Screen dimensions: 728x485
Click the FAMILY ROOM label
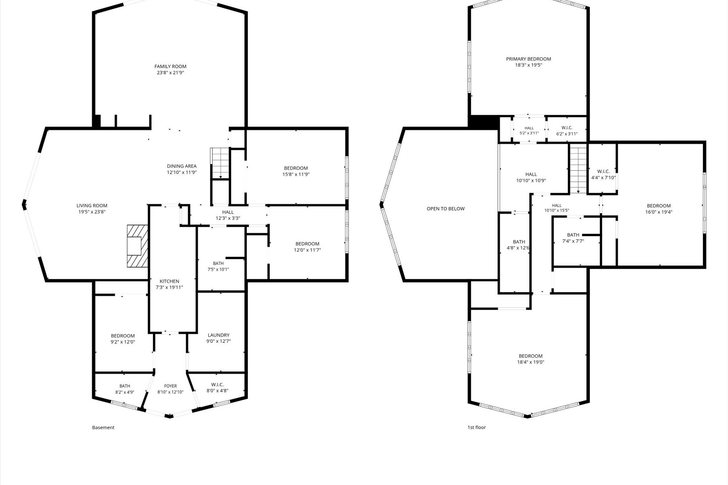coord(170,67)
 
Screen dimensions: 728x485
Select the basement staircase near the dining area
coord(220,163)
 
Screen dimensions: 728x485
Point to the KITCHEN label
coord(169,281)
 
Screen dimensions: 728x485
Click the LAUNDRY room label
coord(218,335)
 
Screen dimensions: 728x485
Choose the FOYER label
coord(170,386)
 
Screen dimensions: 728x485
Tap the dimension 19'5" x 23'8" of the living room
coord(92,212)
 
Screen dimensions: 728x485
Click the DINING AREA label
coord(182,166)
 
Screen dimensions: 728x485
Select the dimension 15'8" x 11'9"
coord(296,175)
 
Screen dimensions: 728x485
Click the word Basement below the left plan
coord(103,427)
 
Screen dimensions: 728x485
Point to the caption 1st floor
coord(476,427)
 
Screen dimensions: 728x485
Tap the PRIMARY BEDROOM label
coord(528,59)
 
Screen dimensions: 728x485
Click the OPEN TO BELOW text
coord(446,209)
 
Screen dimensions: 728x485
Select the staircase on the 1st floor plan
coord(578,170)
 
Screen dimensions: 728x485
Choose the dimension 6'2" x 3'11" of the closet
coord(567,134)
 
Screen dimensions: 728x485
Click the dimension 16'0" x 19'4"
coord(659,212)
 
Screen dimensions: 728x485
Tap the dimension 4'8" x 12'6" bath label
coord(518,248)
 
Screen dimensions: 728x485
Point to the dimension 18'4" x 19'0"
coord(531,362)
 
